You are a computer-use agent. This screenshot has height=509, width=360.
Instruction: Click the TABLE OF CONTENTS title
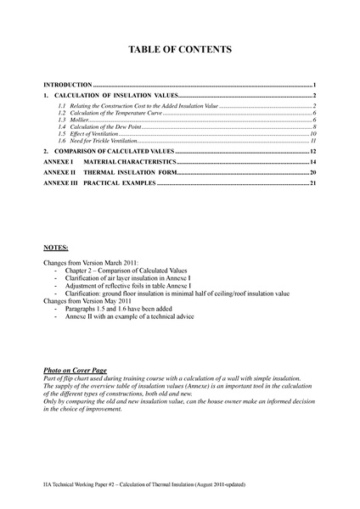[x=179, y=51]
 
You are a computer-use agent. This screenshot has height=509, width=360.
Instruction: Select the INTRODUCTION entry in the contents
[x=68, y=87]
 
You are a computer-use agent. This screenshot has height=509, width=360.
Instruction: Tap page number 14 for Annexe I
[x=312, y=161]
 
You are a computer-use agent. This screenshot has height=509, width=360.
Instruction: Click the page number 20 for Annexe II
[x=312, y=172]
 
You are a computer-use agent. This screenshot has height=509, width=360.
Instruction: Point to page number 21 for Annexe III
[x=312, y=183]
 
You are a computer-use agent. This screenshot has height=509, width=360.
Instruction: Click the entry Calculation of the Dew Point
[x=93, y=126]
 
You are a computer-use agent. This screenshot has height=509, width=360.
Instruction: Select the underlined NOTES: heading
[x=56, y=248]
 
